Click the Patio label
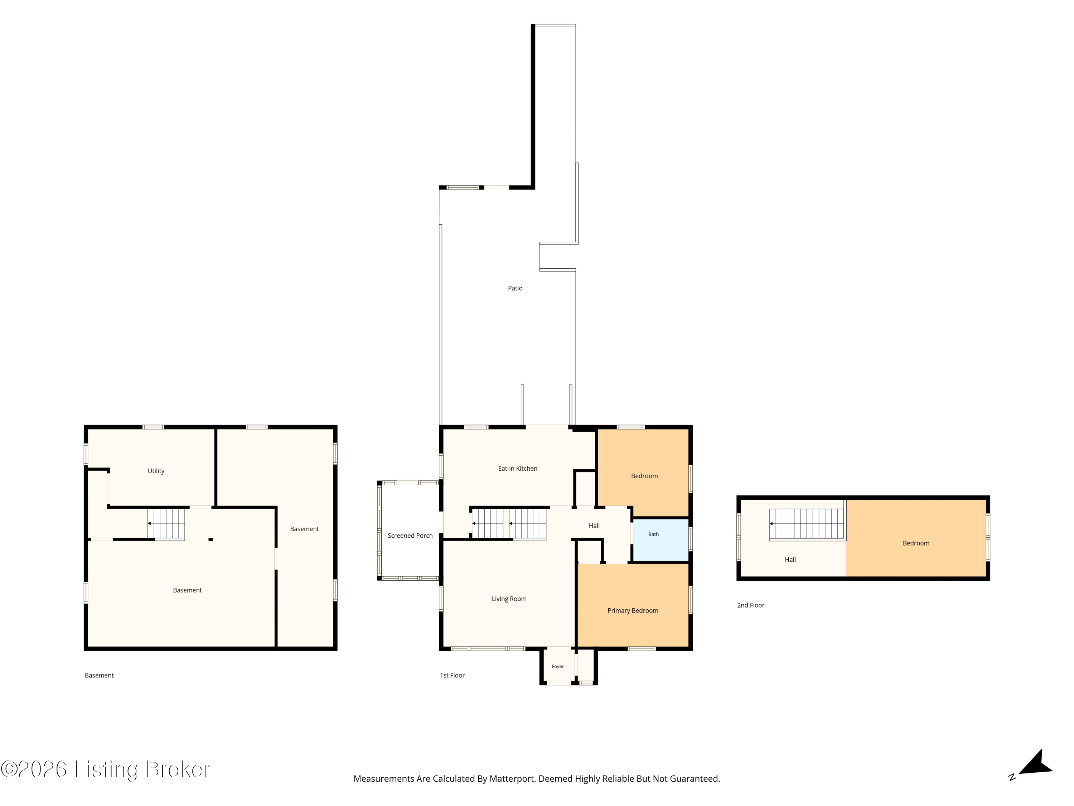click(515, 288)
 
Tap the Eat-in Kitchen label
click(518, 468)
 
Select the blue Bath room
click(661, 540)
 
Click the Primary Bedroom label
click(633, 611)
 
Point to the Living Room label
click(509, 599)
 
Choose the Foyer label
click(557, 666)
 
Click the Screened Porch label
click(410, 536)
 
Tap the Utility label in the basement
click(156, 471)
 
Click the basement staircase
click(166, 524)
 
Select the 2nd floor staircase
click(807, 524)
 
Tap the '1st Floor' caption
click(452, 675)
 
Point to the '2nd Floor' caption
click(751, 605)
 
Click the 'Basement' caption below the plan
click(99, 675)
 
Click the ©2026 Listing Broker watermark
click(105, 769)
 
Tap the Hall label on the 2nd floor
click(790, 560)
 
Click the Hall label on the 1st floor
click(594, 526)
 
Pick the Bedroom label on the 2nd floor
click(916, 543)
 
